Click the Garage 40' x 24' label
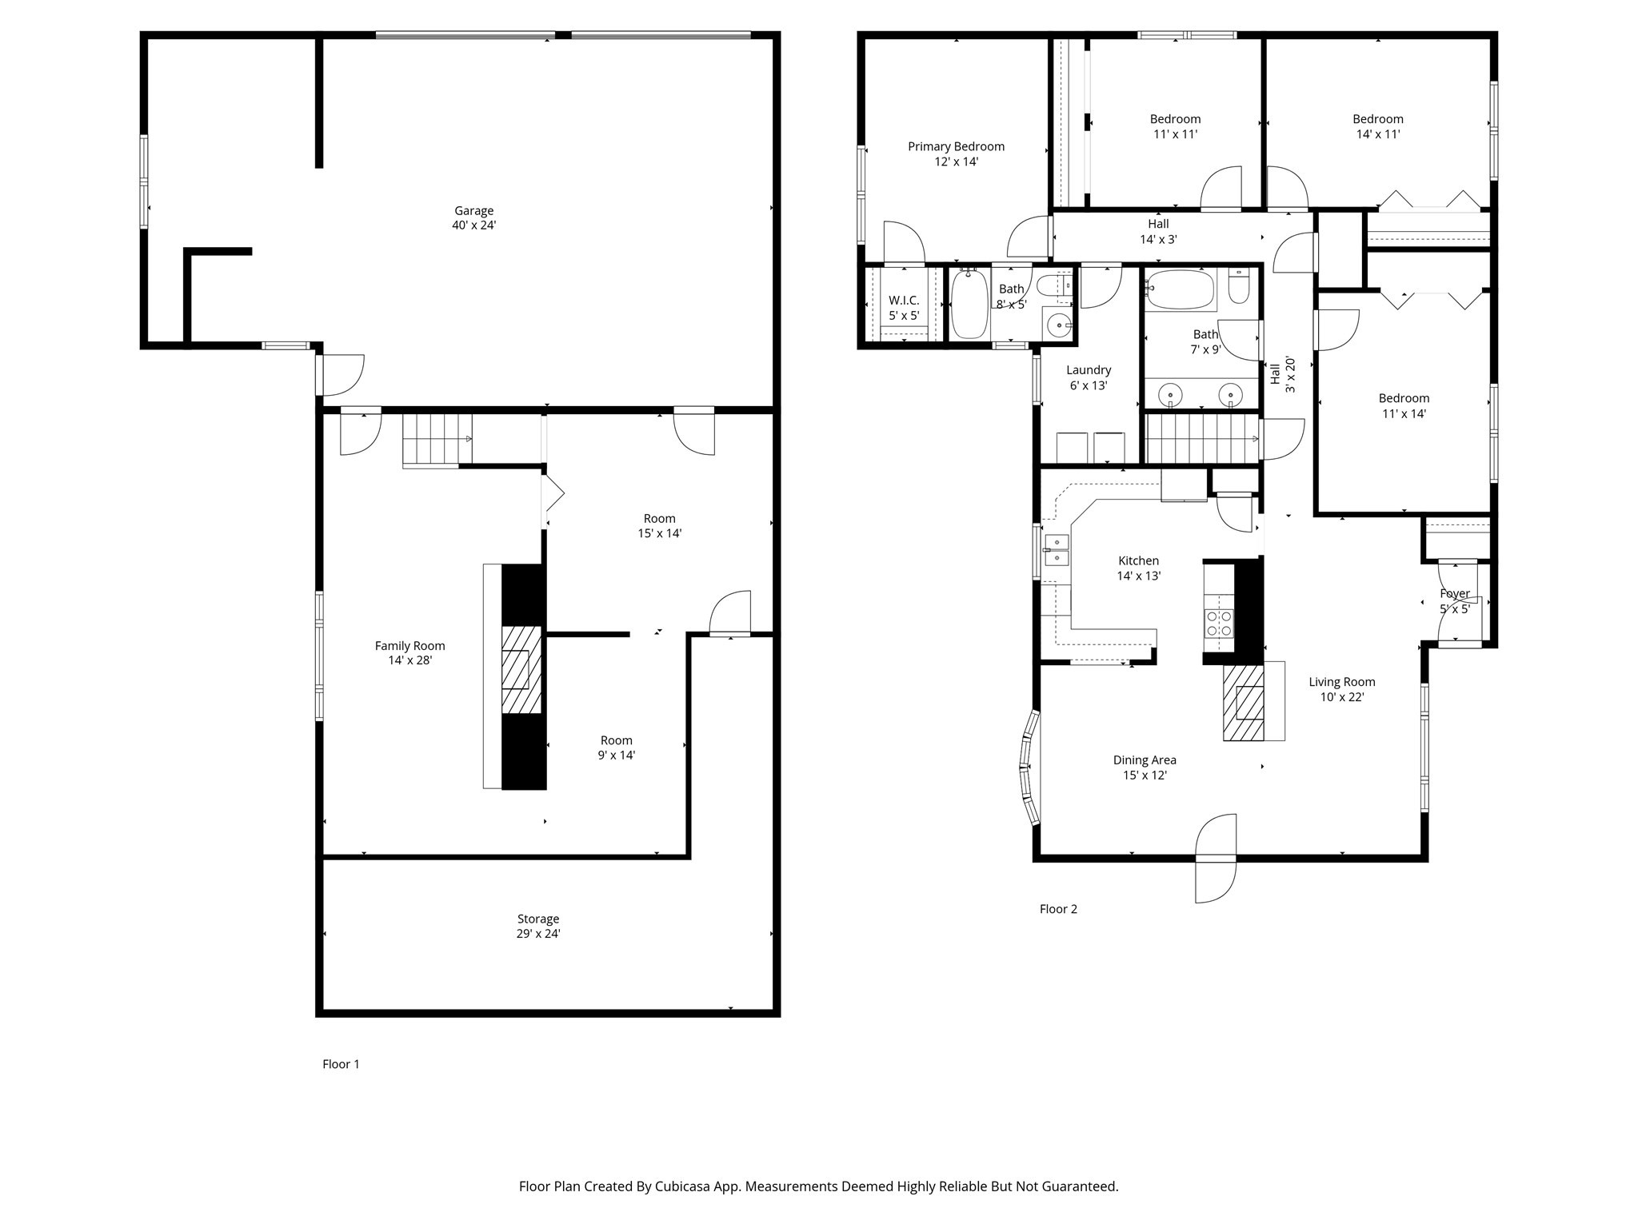(473, 218)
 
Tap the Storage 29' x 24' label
(537, 926)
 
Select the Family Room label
(409, 652)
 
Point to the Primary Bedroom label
(956, 153)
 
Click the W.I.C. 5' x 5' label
(904, 308)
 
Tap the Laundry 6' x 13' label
(1089, 377)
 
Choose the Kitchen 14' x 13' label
(1138, 568)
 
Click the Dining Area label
(1145, 767)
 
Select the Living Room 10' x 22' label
(1341, 689)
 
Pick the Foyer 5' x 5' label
(1454, 601)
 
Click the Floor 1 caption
(341, 1064)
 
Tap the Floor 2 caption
(1058, 909)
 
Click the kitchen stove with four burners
(1219, 623)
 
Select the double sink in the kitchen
(1057, 549)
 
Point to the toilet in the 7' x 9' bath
(1238, 288)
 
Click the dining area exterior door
(1216, 859)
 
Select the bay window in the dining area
(1030, 768)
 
